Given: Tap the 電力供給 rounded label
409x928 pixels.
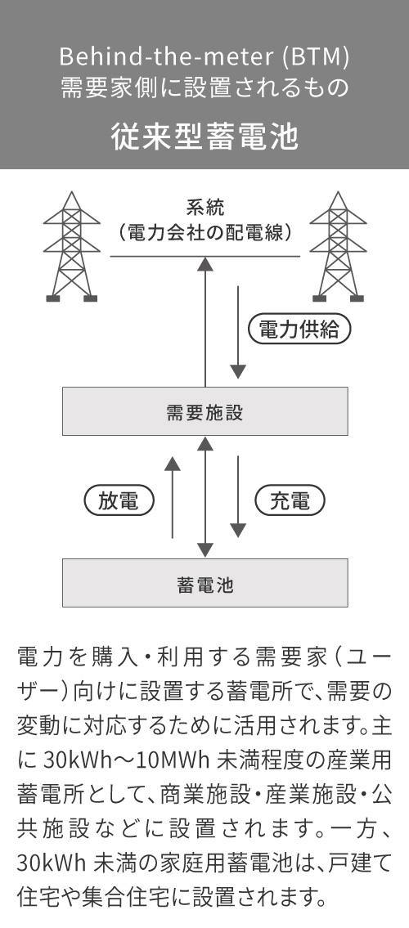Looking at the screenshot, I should (299, 330).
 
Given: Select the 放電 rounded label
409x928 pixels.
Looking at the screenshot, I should (119, 501).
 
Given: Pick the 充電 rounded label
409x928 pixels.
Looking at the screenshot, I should (290, 501).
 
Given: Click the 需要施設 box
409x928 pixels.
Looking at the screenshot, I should (205, 411).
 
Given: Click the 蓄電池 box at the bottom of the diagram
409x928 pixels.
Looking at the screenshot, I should (205, 583).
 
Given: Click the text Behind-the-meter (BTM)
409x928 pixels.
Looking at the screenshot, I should (204, 58).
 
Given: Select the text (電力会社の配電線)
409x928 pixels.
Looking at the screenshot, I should (204, 232).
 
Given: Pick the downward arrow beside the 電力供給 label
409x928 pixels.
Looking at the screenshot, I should (238, 331).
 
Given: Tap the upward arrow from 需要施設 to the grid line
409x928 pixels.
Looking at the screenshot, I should (205, 323).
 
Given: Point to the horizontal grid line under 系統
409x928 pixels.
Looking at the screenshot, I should (147, 257).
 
